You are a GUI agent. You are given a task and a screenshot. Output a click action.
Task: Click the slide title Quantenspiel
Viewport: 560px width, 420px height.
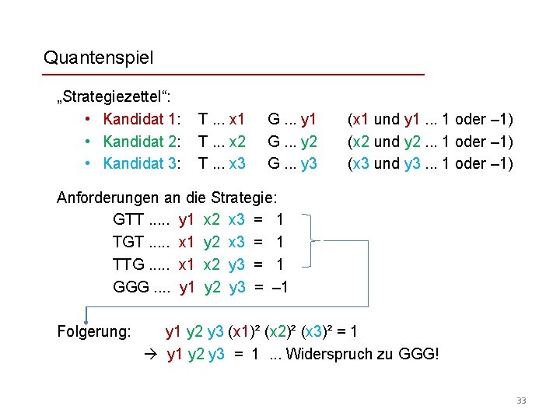[99, 58]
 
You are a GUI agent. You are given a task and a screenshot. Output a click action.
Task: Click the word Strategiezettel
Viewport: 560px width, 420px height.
[117, 98]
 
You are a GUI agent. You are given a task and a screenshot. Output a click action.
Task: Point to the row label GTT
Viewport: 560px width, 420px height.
[128, 220]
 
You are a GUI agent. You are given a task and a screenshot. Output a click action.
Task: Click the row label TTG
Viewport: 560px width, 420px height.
[128, 264]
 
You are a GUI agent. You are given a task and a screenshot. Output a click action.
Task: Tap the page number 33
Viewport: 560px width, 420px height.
[521, 401]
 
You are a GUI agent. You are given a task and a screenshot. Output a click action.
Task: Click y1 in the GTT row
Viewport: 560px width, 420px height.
[187, 220]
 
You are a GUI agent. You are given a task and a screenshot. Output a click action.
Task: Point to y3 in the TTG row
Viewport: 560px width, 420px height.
[237, 264]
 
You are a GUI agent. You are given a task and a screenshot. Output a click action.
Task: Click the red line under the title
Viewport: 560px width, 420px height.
[233, 75]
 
